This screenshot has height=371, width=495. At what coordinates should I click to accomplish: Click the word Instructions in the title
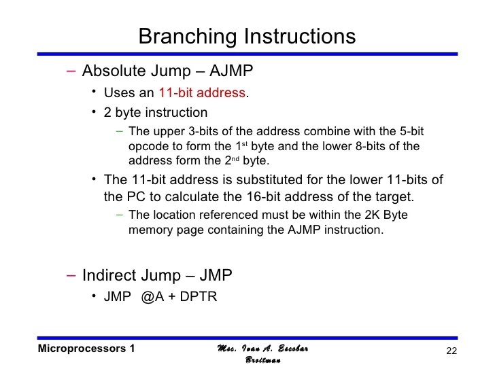[x=296, y=36]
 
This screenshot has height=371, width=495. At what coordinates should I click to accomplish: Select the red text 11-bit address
[x=201, y=92]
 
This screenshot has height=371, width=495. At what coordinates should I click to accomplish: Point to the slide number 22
[x=449, y=351]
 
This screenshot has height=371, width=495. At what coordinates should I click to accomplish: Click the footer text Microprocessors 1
[x=86, y=349]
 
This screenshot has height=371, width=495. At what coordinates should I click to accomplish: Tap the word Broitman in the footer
[x=262, y=361]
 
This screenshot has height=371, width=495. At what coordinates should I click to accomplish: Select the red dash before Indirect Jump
[x=72, y=275]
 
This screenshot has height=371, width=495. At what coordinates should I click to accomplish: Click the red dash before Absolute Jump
[x=72, y=71]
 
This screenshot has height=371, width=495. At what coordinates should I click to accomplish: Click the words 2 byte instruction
[x=156, y=112]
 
